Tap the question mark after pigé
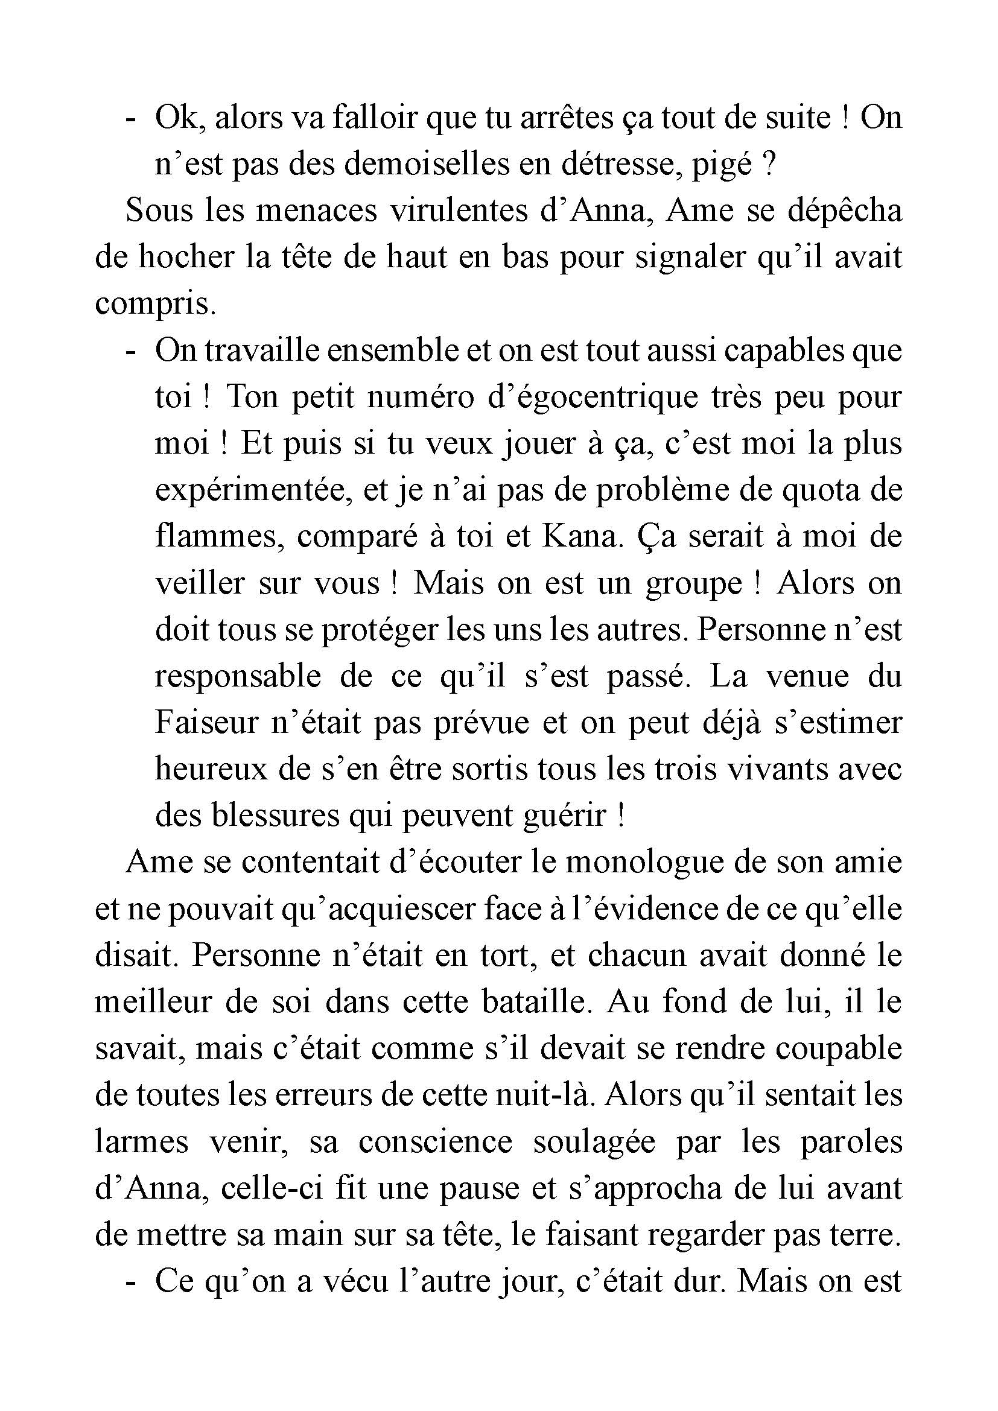pos(766,164)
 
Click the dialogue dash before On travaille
pos(130,351)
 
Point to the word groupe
pos(693,583)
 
